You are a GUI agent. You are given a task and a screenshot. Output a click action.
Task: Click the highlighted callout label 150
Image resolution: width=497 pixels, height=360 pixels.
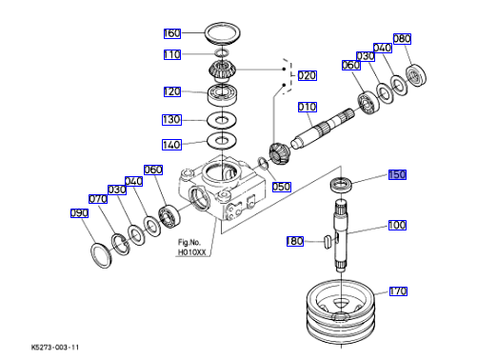pyautogui.click(x=397, y=174)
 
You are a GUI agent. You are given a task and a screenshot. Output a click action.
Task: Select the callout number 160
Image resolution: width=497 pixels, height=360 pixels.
pyautogui.click(x=172, y=33)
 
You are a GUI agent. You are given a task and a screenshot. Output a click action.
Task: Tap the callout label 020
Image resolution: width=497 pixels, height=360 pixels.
pyautogui.click(x=308, y=76)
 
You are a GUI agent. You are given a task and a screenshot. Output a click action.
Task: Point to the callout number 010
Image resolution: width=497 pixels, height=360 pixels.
pyautogui.click(x=308, y=107)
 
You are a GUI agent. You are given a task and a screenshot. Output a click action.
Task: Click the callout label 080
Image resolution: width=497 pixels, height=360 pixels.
pyautogui.click(x=402, y=39)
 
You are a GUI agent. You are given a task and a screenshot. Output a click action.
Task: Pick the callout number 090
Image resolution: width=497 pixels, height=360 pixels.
pyautogui.click(x=79, y=213)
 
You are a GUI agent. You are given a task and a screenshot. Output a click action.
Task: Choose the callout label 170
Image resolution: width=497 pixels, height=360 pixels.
pyautogui.click(x=398, y=291)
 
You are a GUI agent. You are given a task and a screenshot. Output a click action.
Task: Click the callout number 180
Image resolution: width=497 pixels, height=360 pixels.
pyautogui.click(x=295, y=241)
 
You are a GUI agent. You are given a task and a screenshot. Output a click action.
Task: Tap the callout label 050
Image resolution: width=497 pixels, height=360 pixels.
pyautogui.click(x=282, y=187)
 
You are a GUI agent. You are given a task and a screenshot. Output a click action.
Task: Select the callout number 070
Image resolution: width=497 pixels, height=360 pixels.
pyautogui.click(x=98, y=199)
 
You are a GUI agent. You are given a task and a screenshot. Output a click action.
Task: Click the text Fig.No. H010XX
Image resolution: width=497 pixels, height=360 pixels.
pyautogui.click(x=191, y=248)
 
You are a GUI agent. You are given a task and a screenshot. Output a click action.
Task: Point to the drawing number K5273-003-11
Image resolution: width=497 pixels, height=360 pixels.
pyautogui.click(x=55, y=347)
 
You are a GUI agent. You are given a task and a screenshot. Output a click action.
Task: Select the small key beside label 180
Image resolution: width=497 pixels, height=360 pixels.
pyautogui.click(x=328, y=241)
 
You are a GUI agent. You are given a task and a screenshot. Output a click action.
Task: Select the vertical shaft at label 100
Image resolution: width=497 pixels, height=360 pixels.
pyautogui.click(x=341, y=235)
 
